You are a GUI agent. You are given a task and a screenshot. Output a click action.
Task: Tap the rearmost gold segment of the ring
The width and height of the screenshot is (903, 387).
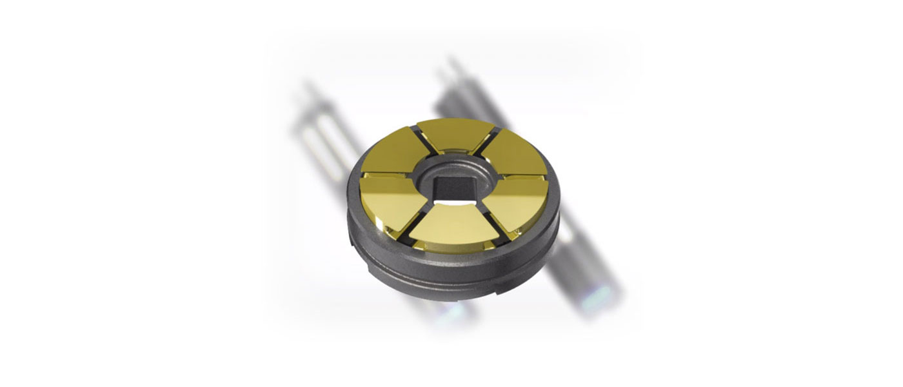tap(455, 135)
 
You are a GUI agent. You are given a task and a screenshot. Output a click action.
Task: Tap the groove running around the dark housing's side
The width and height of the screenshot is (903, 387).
tap(451, 271)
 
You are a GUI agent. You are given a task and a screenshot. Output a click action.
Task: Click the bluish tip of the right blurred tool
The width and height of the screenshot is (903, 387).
tap(597, 300)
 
